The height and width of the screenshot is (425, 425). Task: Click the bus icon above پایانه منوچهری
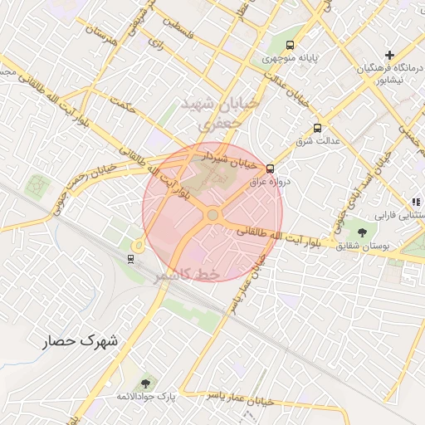coord(290,45)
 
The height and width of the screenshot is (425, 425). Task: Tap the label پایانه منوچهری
coord(290,59)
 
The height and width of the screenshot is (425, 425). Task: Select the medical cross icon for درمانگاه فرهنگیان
coord(389,55)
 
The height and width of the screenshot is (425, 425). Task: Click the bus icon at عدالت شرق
coord(317,128)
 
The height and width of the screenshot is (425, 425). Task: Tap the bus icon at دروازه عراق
coord(270,169)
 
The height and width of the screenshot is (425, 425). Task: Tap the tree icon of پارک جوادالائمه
coord(146,383)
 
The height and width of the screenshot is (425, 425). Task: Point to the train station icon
coord(130,258)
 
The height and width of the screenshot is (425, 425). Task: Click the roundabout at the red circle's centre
coord(212,215)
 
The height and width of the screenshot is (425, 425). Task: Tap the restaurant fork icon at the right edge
coord(416,202)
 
